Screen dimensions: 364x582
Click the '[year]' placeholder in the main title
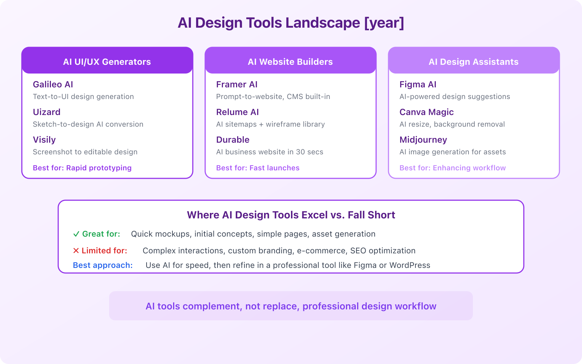click(384, 23)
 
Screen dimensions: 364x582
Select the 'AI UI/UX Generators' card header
click(107, 62)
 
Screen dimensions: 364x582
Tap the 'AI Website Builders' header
click(290, 62)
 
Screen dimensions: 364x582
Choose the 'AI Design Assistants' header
click(474, 62)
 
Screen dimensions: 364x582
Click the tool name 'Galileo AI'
click(53, 84)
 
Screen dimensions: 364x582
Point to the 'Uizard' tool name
click(47, 112)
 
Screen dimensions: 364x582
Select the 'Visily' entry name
click(44, 140)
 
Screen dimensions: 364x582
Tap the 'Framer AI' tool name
click(237, 84)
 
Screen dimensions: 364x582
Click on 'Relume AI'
click(238, 112)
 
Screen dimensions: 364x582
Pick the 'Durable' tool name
click(233, 140)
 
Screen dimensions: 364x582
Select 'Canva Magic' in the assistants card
click(427, 112)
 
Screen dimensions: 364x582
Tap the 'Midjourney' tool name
click(423, 140)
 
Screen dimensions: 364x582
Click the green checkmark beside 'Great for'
click(76, 234)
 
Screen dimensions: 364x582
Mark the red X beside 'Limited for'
click(76, 251)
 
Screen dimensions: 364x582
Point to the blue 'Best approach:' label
click(103, 265)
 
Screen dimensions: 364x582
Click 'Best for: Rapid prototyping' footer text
click(82, 168)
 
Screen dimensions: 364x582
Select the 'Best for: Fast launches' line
click(258, 168)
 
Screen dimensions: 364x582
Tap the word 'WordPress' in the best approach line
click(410, 265)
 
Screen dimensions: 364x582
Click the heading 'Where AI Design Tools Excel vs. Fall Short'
click(291, 215)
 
